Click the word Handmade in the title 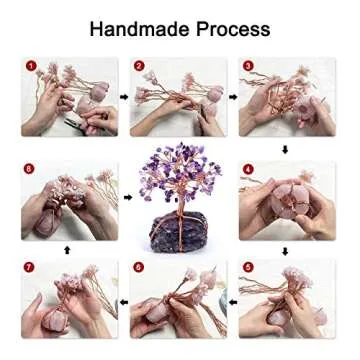coord(134,28)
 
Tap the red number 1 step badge coord(30,67)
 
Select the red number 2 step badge coord(139,67)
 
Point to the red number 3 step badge coord(248,67)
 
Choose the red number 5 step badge coord(248,268)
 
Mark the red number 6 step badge coord(139,268)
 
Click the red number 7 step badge coord(30,268)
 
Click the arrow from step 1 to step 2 coord(125,98)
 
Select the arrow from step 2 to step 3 coord(234,98)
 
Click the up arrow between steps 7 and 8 coord(68,250)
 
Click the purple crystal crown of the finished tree coord(180,175)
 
